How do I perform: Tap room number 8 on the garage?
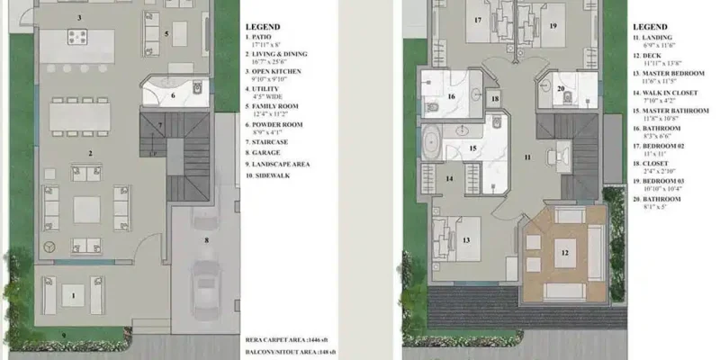(x=206, y=240)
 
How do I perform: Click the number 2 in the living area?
(x=89, y=153)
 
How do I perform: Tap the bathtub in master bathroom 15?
(x=431, y=144)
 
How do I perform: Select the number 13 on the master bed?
(x=466, y=241)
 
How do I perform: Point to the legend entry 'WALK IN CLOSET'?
(x=664, y=102)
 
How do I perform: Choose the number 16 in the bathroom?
(x=451, y=96)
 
